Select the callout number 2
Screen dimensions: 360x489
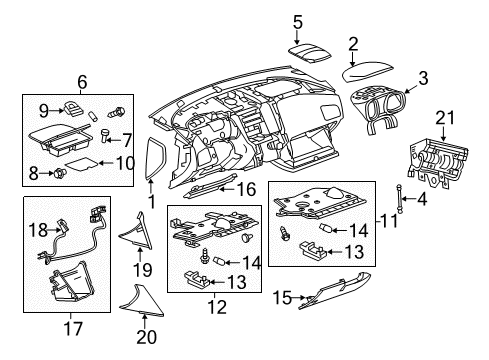coord(352,43)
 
